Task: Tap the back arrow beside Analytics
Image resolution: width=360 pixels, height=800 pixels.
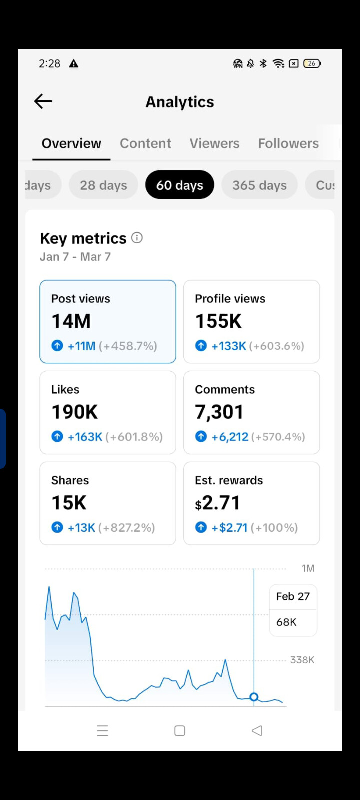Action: (43, 101)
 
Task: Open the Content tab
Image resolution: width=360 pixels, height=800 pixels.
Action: (145, 143)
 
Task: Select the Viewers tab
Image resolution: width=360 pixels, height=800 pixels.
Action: (214, 143)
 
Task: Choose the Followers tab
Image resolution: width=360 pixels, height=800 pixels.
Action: (288, 143)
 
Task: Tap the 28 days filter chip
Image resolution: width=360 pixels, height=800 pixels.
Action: (103, 185)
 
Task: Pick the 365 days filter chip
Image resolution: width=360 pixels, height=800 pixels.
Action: (259, 185)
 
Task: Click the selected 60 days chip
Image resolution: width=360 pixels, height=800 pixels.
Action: (180, 185)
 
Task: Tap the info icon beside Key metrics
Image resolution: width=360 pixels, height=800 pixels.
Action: (137, 238)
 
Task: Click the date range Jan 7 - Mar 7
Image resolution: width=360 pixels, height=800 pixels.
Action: (75, 257)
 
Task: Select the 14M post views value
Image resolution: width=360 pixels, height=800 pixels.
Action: (71, 321)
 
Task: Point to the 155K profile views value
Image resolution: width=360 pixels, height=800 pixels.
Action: (218, 321)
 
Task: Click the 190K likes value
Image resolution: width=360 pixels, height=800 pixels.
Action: (75, 412)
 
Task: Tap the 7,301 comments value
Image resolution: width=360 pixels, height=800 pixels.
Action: (219, 412)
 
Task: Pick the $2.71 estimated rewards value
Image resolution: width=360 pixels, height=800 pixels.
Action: (218, 503)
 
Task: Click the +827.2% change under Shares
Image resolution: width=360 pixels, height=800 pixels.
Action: (127, 528)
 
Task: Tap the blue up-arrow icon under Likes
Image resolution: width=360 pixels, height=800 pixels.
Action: (57, 437)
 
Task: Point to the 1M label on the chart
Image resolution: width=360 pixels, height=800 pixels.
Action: (308, 568)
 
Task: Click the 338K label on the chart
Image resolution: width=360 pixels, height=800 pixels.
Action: (302, 660)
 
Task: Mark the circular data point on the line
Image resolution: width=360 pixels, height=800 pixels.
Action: (254, 697)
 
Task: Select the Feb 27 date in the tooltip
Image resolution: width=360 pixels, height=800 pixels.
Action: (293, 596)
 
